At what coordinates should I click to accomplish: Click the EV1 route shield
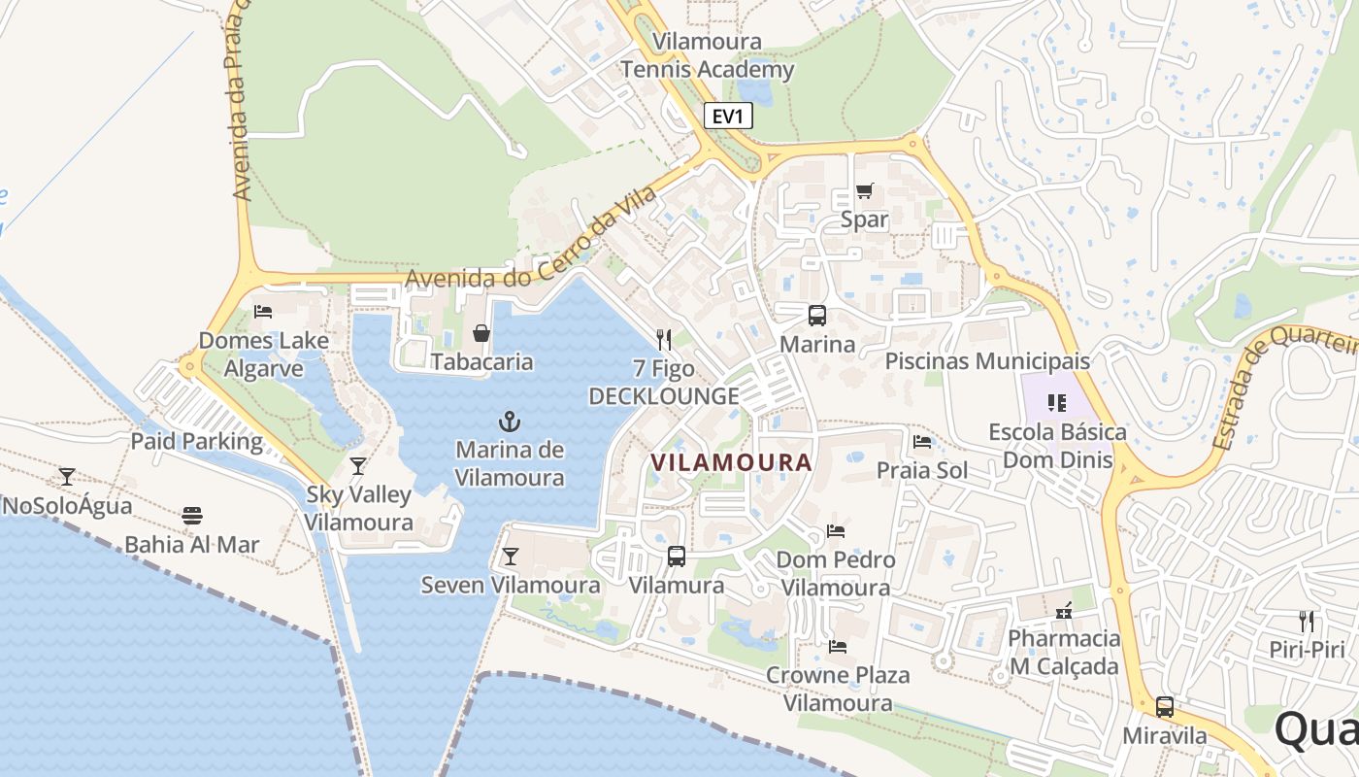(x=728, y=117)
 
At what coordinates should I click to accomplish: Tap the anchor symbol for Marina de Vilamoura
(x=510, y=422)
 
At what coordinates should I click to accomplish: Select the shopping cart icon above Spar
(x=864, y=191)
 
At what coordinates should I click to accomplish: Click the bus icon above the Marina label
(x=817, y=316)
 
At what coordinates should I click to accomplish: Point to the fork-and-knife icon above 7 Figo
(x=664, y=339)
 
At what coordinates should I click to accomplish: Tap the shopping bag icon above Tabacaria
(x=481, y=333)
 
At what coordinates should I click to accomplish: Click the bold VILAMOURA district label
(x=731, y=462)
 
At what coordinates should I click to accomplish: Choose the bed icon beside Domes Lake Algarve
(x=262, y=312)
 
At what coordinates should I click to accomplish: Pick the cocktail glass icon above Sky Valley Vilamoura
(x=358, y=466)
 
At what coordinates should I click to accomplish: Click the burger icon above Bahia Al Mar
(x=192, y=515)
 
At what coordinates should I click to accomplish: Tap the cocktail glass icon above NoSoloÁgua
(x=67, y=477)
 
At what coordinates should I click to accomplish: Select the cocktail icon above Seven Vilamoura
(x=510, y=557)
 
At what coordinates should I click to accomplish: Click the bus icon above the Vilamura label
(x=677, y=557)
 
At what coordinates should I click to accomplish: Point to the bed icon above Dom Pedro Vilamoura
(x=836, y=531)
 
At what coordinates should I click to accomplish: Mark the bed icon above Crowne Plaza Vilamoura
(x=838, y=646)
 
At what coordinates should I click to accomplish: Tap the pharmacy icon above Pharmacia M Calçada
(x=1064, y=610)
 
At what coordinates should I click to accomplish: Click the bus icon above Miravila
(x=1165, y=707)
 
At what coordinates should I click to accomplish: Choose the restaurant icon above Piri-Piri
(x=1307, y=621)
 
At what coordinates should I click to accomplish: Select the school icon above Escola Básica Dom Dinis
(x=1057, y=402)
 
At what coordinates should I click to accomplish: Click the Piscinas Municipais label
(x=987, y=361)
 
